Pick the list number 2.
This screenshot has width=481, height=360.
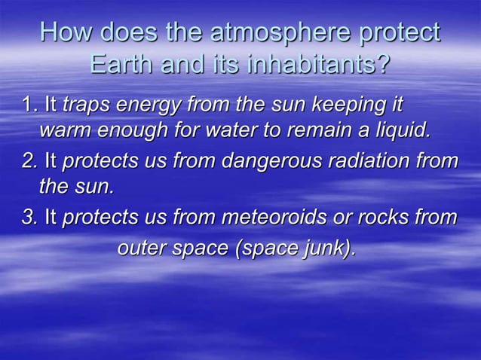(x=29, y=160)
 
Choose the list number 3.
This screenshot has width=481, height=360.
(x=29, y=218)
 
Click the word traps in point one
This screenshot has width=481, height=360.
(x=85, y=102)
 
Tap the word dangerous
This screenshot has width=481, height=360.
(x=255, y=161)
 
